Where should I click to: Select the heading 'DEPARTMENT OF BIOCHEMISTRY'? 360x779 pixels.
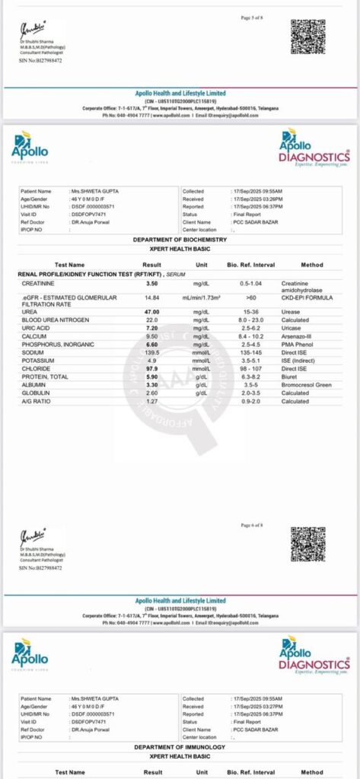point(180,240)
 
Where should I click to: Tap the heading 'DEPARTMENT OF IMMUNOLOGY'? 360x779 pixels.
point(180,747)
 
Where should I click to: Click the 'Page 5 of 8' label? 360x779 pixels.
point(252,17)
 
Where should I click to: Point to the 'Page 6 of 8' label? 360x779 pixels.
point(252,526)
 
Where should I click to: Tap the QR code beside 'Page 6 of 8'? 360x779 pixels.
point(307,543)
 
